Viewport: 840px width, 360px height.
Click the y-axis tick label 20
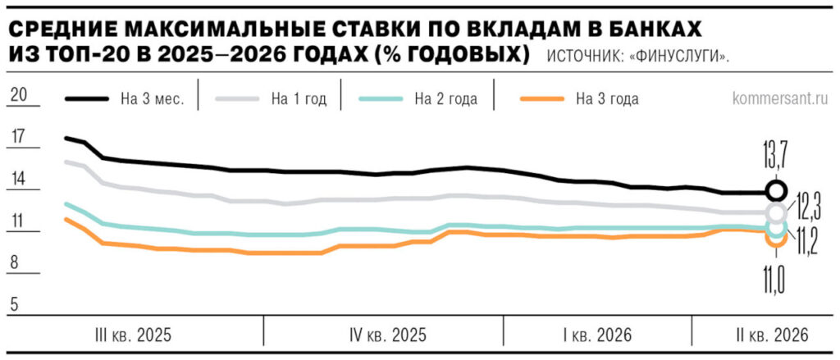click(16, 94)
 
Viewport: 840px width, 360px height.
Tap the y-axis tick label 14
click(16, 179)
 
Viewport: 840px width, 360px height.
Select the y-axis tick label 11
click(16, 221)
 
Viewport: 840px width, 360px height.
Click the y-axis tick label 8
click(16, 264)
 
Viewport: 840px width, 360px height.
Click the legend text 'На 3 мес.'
click(152, 99)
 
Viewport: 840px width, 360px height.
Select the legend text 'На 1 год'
click(299, 99)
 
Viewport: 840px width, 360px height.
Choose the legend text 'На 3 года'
click(607, 99)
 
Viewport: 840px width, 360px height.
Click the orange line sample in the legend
click(541, 98)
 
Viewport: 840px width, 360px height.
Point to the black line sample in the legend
click(86, 98)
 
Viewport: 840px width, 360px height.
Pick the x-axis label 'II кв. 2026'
click(766, 335)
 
